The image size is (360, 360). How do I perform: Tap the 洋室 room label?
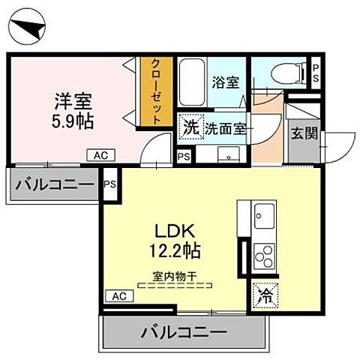67,100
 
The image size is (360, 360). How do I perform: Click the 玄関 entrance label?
303,133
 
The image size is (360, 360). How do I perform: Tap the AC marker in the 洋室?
100,155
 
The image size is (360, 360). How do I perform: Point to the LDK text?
175,230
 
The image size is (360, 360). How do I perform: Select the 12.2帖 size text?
175,250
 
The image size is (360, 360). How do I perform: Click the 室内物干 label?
175,275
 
